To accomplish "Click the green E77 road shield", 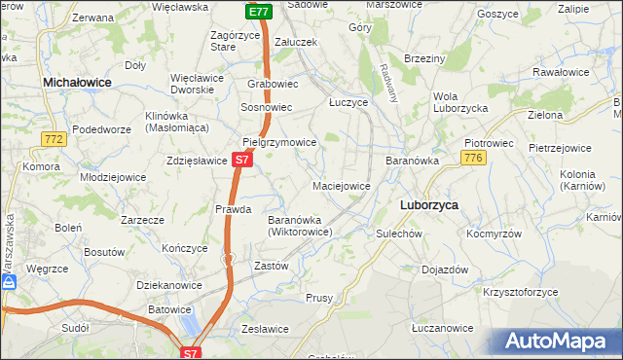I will click(257, 12).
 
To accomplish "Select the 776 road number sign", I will click(473, 158).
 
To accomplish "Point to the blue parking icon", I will click(9, 282).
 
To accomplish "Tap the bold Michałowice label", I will click(78, 85).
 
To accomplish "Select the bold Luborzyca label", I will click(430, 205).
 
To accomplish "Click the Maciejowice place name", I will click(341, 185).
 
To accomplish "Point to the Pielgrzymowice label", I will click(279, 142).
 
